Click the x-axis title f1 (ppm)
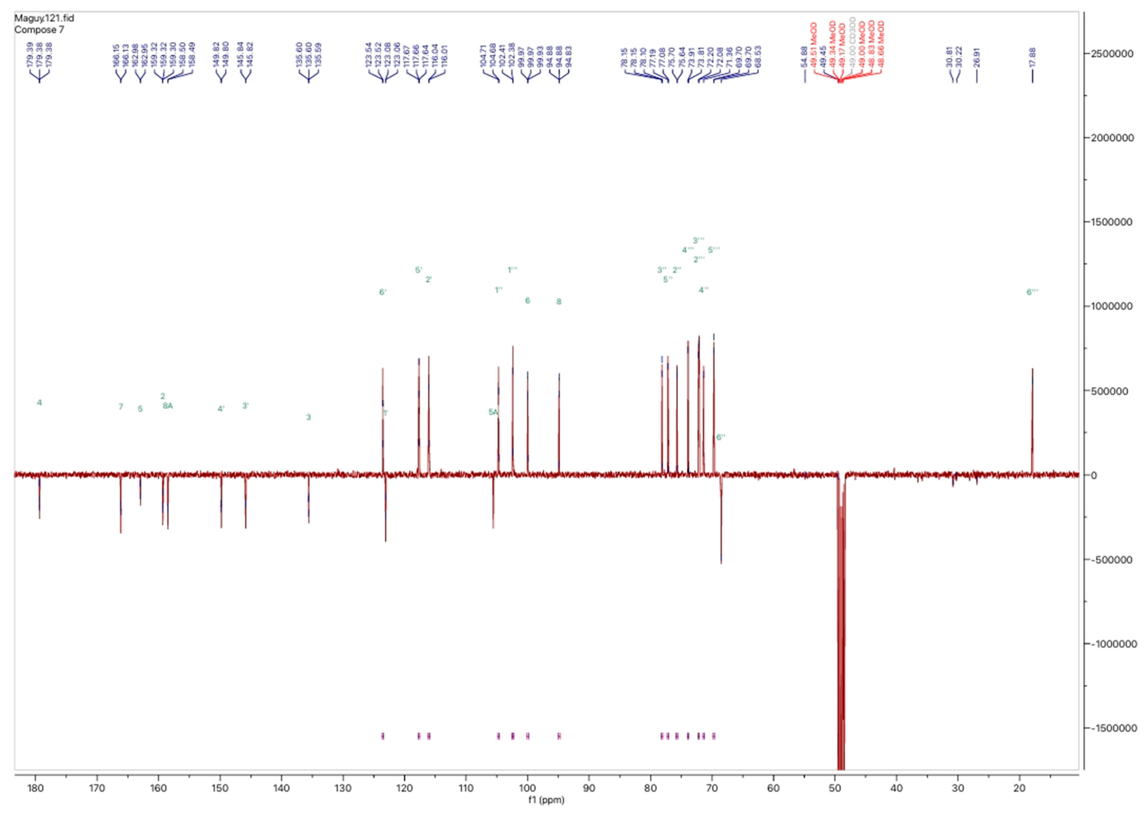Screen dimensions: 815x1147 pyautogui.click(x=546, y=800)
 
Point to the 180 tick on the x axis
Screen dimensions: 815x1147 pyautogui.click(x=35, y=788)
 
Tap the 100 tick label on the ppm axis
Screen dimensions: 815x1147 pyautogui.click(x=527, y=788)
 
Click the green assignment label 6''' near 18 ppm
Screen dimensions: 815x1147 pyautogui.click(x=1032, y=292)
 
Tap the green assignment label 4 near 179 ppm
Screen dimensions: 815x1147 pyautogui.click(x=39, y=402)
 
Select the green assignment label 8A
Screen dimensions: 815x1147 pyautogui.click(x=168, y=405)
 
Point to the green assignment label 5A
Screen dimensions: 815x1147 pyautogui.click(x=493, y=412)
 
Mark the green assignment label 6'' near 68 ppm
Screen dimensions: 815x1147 pyautogui.click(x=720, y=437)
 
